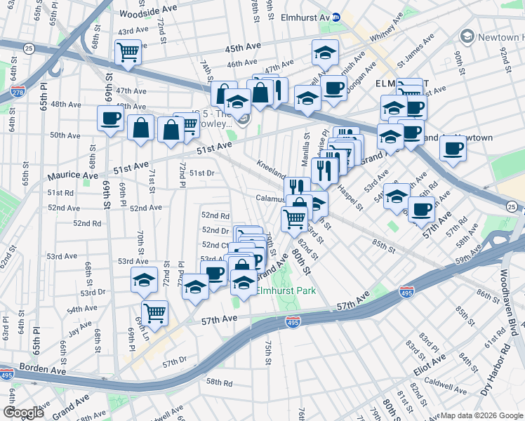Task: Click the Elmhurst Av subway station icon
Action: (336, 16)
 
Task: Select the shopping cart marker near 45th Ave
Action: (128, 52)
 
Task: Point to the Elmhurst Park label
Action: (285, 290)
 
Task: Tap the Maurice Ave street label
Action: (73, 175)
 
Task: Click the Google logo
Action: (23, 413)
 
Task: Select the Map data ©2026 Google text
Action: (481, 415)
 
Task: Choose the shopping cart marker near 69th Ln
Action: (154, 312)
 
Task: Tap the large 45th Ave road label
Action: (243, 47)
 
